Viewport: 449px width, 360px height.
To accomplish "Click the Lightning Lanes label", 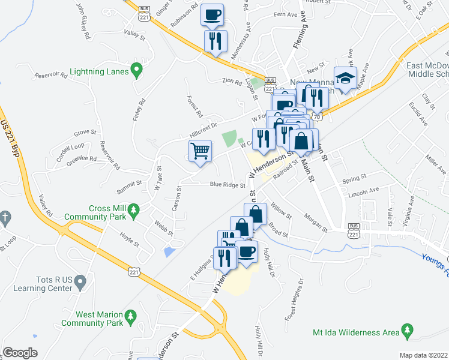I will [99, 71].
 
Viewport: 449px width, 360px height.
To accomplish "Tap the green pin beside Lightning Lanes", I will [137, 71].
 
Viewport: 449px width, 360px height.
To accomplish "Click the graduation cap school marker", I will [346, 78].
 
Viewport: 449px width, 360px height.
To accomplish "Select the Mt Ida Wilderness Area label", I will [355, 332].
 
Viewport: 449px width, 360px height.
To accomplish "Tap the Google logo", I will [20, 352].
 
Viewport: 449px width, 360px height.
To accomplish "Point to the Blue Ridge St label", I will [226, 185].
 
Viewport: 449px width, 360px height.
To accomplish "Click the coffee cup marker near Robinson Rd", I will [212, 14].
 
